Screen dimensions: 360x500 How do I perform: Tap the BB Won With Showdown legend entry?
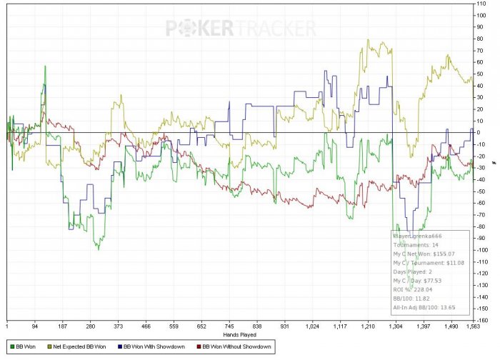pos(154,346)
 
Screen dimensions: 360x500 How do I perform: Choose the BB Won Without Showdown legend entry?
pos(236,346)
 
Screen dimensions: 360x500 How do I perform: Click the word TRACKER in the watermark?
pos(275,28)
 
